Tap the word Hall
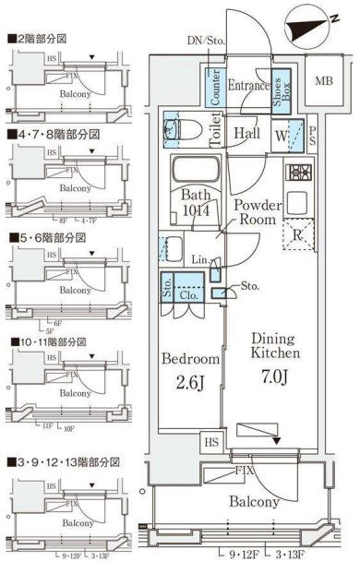(246, 134)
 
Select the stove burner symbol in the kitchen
(299, 173)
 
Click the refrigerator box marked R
(298, 234)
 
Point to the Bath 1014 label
(196, 203)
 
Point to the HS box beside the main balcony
(211, 442)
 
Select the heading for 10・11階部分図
(48, 341)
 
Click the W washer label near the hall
(279, 133)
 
